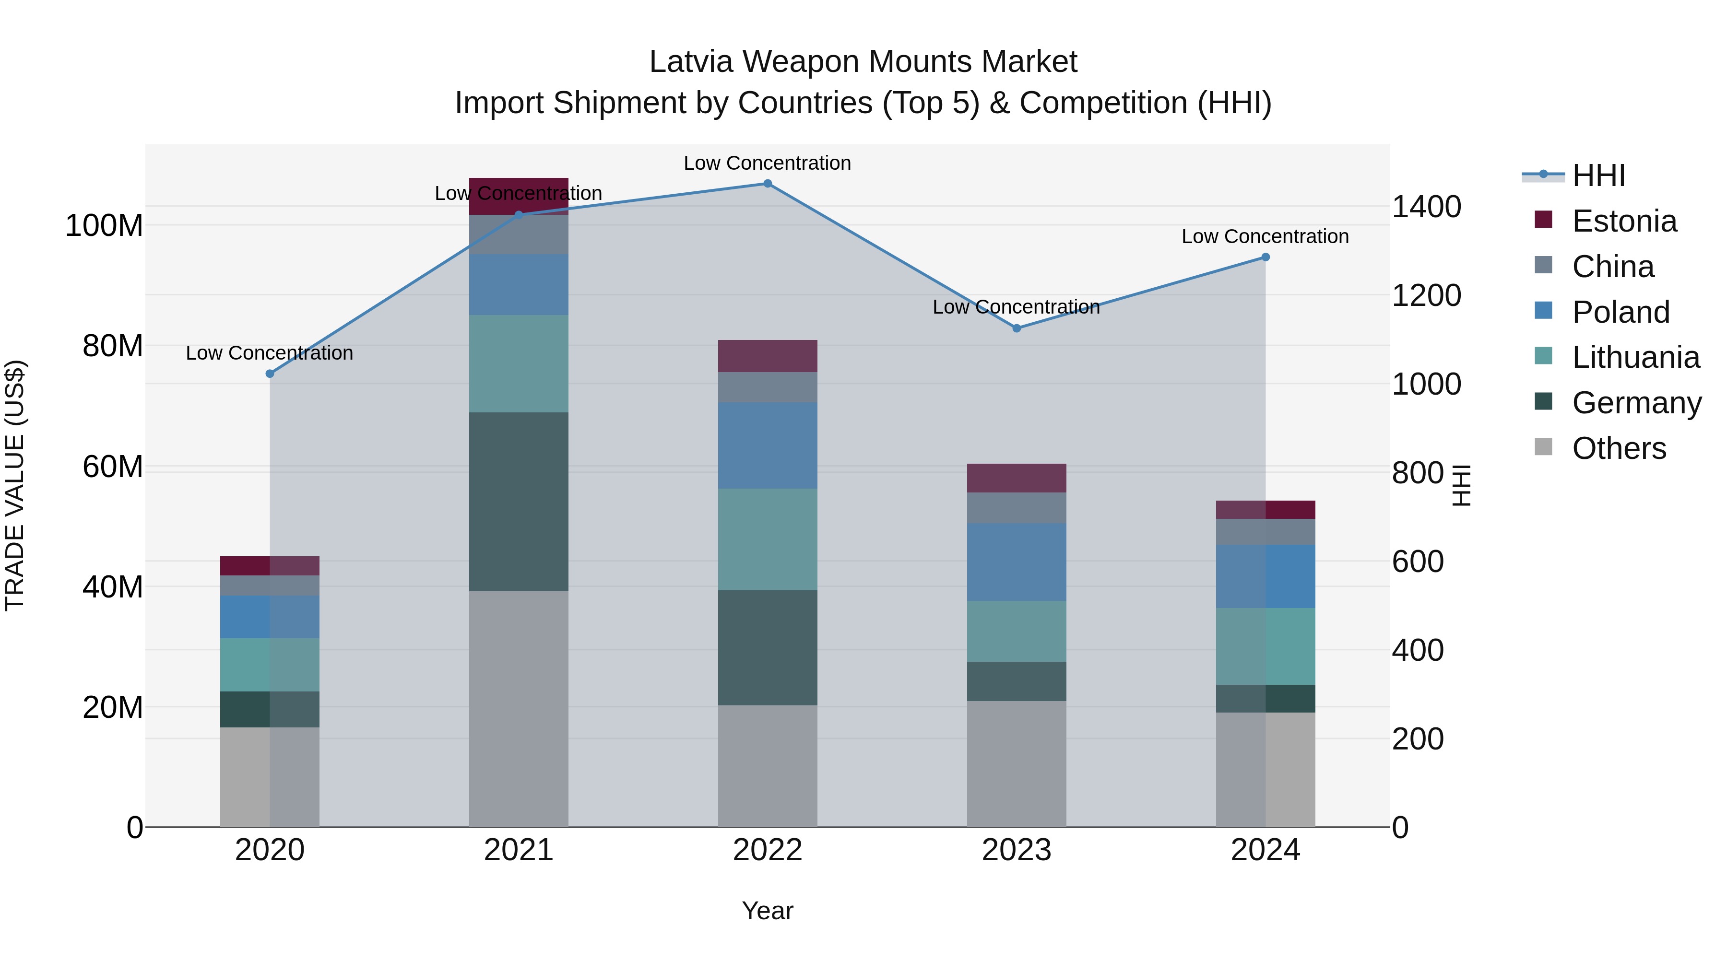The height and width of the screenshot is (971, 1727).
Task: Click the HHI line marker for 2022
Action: [x=768, y=184]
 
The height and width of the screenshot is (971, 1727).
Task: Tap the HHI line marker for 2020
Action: [x=270, y=374]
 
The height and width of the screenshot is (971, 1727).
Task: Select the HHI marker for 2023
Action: [x=1017, y=328]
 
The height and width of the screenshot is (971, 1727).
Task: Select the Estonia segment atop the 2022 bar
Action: [x=768, y=356]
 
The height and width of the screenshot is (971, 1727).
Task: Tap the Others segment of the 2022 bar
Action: [x=768, y=765]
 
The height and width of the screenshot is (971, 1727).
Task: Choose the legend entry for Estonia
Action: [x=1624, y=221]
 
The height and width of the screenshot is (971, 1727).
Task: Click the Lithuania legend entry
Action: [x=1635, y=357]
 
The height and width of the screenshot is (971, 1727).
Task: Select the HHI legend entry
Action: [x=1598, y=175]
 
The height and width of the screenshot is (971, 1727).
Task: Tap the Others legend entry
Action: [x=1619, y=448]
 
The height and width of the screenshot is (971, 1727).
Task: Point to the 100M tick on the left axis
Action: [x=104, y=226]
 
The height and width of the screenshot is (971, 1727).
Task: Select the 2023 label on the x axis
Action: [x=1017, y=850]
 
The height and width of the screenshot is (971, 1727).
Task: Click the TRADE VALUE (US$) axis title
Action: [x=15, y=485]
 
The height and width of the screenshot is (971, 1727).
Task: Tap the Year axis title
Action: [x=768, y=911]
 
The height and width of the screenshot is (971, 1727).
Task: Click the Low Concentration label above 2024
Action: [x=1265, y=236]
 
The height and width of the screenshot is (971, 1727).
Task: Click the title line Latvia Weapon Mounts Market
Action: [x=863, y=62]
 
